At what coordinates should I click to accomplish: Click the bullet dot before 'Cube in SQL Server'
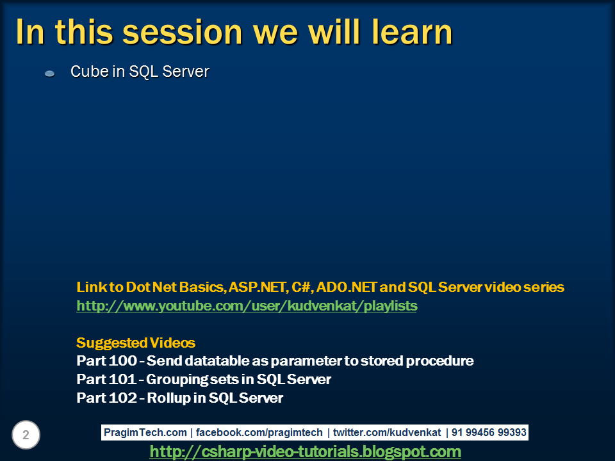pyautogui.click(x=50, y=74)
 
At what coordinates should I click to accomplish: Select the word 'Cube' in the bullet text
pyautogui.click(x=88, y=72)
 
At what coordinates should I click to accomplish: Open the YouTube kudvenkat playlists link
pyautogui.click(x=247, y=306)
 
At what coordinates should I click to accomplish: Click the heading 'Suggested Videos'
pyautogui.click(x=136, y=343)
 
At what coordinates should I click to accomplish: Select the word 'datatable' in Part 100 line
pyautogui.click(x=211, y=361)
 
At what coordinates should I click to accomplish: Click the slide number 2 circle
pyautogui.click(x=26, y=435)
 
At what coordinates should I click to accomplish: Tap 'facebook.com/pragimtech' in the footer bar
pyautogui.click(x=259, y=433)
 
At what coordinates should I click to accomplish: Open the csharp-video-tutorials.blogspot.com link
pyautogui.click(x=306, y=452)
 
